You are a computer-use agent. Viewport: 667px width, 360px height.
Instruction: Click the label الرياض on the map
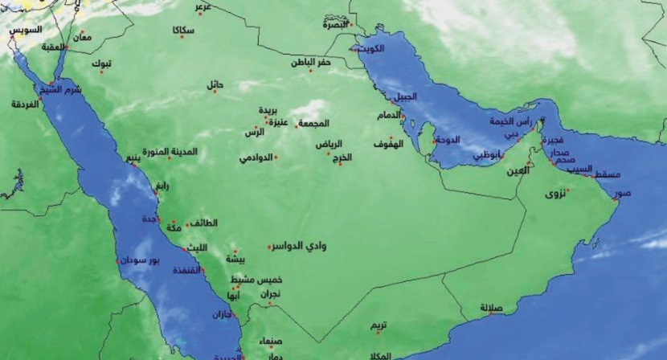329,145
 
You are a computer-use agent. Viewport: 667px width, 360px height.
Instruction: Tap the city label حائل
215,84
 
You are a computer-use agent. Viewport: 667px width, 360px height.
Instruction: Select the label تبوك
101,63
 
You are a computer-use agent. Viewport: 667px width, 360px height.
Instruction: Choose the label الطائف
204,224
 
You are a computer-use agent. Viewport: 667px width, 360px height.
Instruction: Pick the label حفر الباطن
311,62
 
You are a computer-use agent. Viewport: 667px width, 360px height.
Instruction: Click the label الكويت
370,49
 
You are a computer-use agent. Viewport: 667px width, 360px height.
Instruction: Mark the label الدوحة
447,139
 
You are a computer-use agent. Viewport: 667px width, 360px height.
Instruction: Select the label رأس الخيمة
511,121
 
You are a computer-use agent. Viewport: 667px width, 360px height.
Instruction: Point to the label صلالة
491,307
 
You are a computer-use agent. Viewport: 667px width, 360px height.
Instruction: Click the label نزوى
555,194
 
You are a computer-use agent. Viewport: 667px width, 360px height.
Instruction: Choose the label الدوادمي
256,157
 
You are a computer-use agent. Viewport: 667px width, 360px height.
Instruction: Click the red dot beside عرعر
199,14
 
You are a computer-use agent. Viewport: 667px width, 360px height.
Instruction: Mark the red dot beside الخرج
340,164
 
